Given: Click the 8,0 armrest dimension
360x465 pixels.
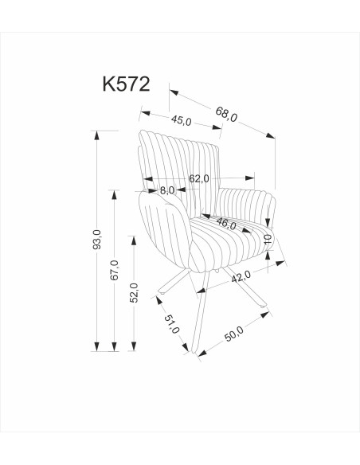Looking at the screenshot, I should click(x=167, y=190).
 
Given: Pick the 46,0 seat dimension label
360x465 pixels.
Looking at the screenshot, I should click(x=227, y=225).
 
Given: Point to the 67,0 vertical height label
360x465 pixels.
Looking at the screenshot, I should click(x=115, y=270).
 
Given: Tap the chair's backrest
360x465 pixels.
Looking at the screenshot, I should click(x=179, y=155).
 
